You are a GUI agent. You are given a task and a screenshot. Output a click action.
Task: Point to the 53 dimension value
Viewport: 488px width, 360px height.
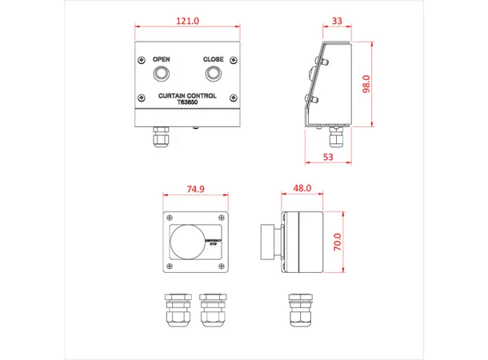(x=327, y=157)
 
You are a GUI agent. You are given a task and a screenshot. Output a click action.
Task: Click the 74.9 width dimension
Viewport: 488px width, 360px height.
(x=195, y=189)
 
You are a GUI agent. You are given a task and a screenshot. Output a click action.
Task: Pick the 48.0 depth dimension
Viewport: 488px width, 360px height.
(x=302, y=189)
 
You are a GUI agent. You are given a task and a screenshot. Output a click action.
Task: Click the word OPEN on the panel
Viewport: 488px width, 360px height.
(x=162, y=59)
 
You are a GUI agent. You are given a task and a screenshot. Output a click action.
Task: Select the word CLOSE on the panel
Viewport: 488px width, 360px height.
(x=213, y=59)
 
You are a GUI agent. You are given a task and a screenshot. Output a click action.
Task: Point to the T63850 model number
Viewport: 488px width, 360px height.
(x=187, y=103)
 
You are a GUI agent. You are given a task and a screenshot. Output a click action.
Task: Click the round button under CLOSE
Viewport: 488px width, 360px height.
(x=213, y=74)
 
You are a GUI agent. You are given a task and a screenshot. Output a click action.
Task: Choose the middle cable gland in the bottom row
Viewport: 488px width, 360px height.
(x=212, y=311)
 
